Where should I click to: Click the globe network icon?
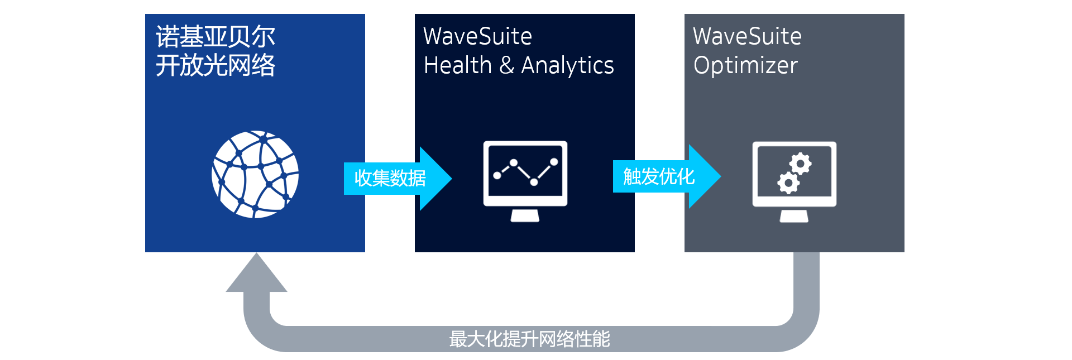[255, 174]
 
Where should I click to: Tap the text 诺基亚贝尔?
[216, 37]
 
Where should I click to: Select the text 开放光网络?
[216, 65]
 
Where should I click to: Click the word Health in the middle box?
[458, 65]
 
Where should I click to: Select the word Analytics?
[567, 66]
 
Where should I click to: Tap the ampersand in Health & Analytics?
[506, 65]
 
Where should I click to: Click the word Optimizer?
[745, 66]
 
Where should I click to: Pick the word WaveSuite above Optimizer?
[747, 37]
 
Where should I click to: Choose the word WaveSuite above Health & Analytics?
[477, 37]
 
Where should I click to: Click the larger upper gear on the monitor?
[801, 164]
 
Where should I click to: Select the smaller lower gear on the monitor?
[788, 183]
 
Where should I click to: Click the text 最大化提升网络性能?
[529, 339]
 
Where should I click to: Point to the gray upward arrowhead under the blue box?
[256, 275]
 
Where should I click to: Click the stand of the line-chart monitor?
[525, 215]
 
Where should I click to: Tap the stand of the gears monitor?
[794, 216]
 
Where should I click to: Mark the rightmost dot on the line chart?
[554, 162]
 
